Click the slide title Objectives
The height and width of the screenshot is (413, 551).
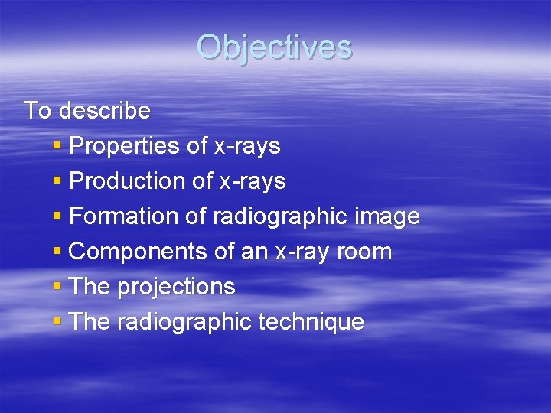click(x=274, y=47)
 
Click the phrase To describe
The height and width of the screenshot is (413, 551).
click(x=87, y=111)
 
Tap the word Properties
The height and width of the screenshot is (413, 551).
click(x=124, y=146)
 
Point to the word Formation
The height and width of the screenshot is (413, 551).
click(x=124, y=216)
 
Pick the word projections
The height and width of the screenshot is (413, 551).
click(x=176, y=287)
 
